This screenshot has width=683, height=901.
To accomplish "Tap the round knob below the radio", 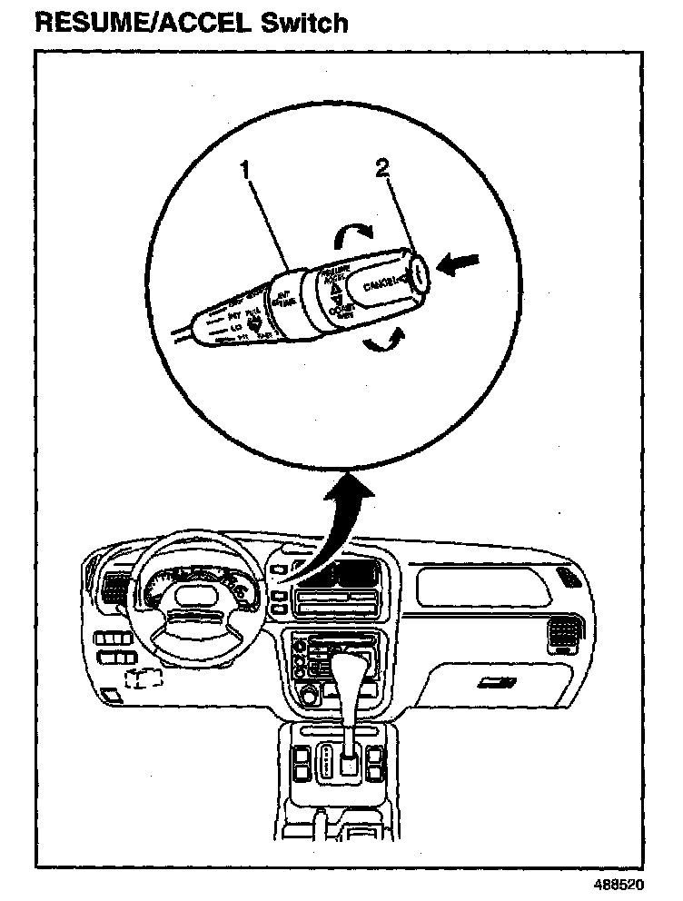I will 309,697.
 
